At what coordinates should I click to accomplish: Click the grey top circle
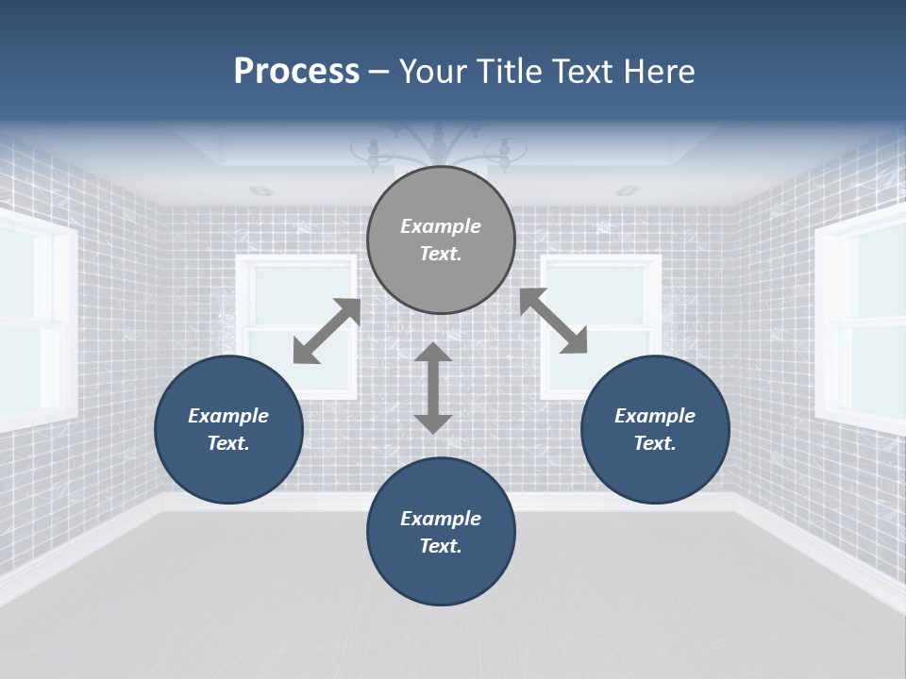coord(441,240)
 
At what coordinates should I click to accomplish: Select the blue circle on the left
coord(228,429)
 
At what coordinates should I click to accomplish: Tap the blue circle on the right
coord(655,429)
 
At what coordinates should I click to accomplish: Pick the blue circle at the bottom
coord(441,532)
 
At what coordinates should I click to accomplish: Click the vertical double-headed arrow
coord(433,388)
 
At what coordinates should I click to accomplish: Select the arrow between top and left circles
coord(327,331)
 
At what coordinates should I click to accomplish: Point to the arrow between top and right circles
coord(553,321)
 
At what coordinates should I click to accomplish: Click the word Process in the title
coord(296,72)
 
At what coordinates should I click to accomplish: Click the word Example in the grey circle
coord(441,226)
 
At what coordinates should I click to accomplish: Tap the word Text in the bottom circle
coord(439,546)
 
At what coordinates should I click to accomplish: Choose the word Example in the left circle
coord(228,416)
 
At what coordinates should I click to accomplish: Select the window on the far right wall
coord(864,321)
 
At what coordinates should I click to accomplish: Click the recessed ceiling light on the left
coord(261,191)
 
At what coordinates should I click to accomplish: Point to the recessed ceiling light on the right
coord(627,191)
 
